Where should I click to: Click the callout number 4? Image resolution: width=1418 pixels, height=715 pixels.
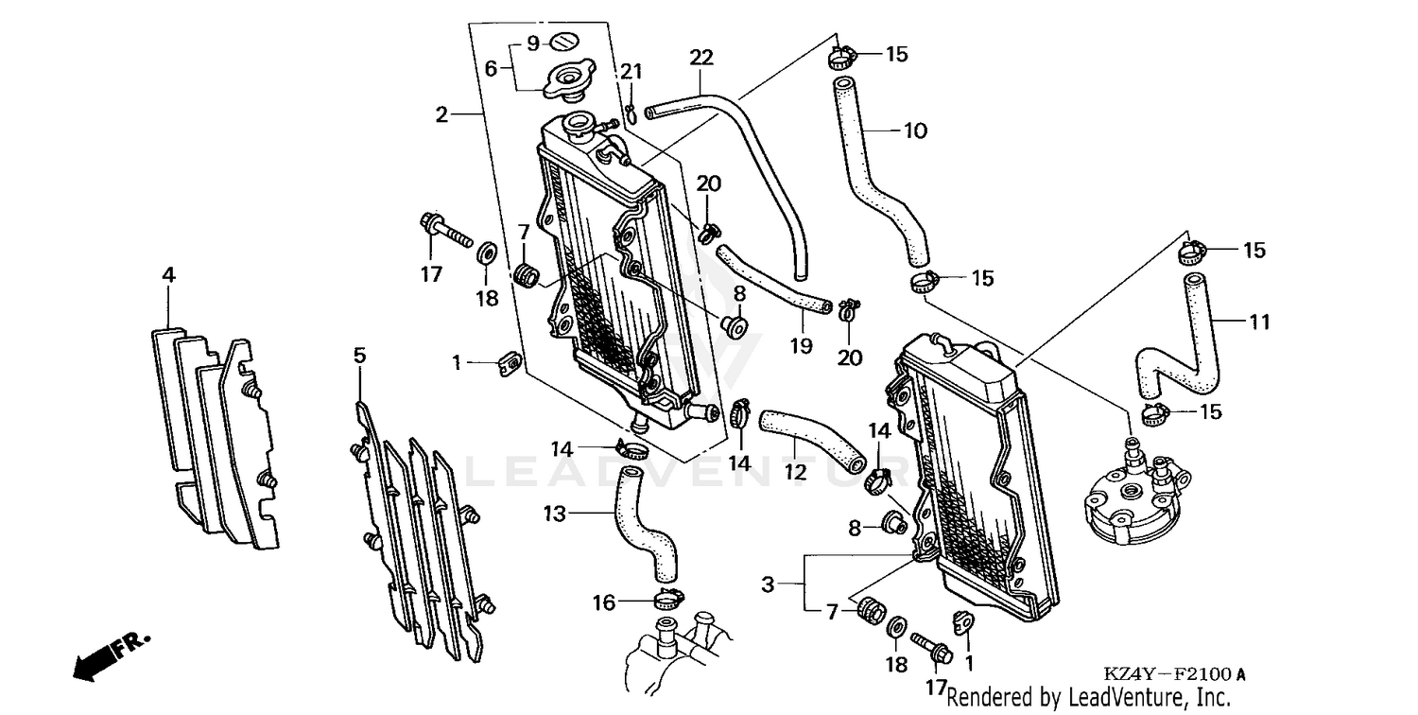point(168,275)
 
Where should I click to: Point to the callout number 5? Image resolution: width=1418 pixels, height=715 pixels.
point(359,356)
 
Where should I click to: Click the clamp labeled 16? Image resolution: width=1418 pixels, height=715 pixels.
point(667,598)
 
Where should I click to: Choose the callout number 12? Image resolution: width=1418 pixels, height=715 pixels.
point(796,470)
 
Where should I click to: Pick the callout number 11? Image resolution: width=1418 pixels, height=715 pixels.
point(1258,323)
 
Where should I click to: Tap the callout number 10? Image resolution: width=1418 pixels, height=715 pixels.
point(915,131)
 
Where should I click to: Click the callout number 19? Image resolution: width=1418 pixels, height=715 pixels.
point(801,346)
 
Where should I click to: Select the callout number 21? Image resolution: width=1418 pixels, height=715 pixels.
point(631,71)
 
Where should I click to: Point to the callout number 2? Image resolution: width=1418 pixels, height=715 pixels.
point(441,114)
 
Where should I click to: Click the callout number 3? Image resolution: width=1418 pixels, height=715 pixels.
point(768,585)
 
